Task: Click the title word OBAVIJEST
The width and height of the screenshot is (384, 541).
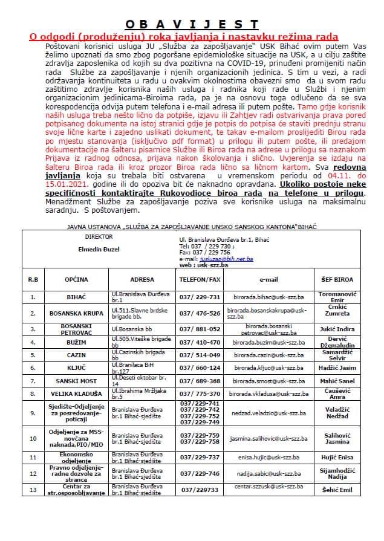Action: click(192, 24)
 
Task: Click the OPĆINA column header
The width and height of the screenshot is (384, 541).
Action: click(76, 280)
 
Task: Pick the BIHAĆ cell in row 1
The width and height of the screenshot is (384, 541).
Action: click(76, 297)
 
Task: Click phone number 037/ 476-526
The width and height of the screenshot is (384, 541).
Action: click(200, 313)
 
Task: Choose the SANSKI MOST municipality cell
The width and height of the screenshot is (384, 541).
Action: click(76, 381)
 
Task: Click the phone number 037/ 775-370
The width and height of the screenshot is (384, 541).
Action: click(200, 395)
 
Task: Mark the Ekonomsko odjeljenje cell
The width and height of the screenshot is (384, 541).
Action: click(76, 458)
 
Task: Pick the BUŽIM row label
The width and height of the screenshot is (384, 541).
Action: click(76, 342)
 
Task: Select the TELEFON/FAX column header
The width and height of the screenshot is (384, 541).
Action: click(200, 280)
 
